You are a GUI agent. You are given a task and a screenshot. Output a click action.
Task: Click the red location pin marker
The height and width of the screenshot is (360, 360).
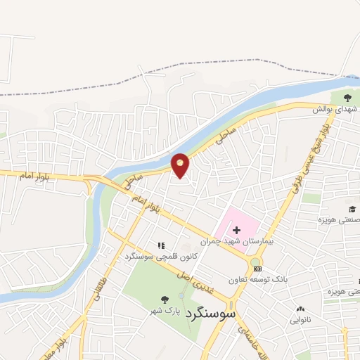(181, 165)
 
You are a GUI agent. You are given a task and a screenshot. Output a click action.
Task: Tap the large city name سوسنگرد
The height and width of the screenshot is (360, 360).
(211, 315)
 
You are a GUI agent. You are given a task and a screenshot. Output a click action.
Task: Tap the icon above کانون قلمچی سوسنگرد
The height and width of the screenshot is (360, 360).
(161, 245)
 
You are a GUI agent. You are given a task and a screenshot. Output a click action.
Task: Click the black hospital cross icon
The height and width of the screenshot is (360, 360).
(236, 229)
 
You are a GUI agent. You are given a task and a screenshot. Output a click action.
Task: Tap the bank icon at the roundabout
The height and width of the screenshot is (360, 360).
(257, 268)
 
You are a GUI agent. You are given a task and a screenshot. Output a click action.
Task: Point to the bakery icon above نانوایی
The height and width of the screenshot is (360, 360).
(300, 308)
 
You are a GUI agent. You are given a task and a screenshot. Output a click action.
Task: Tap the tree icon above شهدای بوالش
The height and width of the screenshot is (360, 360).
(348, 97)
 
